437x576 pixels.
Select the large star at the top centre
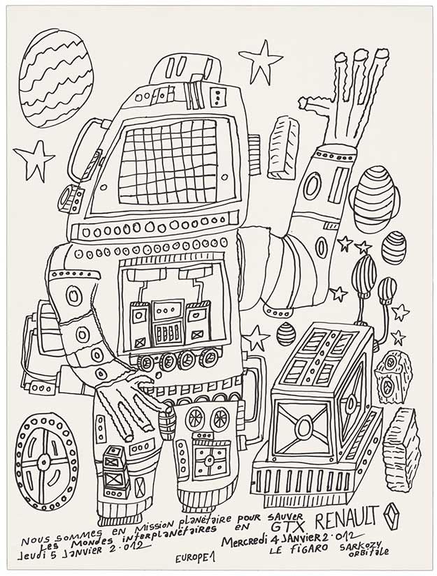(260, 61)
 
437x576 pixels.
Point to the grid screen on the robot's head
(169, 161)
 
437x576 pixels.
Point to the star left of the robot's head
(33, 160)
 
